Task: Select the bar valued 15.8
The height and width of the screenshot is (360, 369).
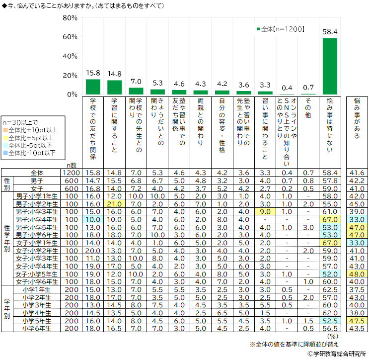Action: [93, 87]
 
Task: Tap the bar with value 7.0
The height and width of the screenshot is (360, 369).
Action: [136, 91]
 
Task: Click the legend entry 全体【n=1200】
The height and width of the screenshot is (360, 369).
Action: [281, 29]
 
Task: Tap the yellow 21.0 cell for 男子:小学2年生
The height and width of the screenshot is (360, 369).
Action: [114, 204]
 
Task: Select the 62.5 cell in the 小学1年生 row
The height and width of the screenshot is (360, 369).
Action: [330, 289]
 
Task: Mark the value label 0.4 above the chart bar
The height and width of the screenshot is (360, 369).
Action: [287, 88]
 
